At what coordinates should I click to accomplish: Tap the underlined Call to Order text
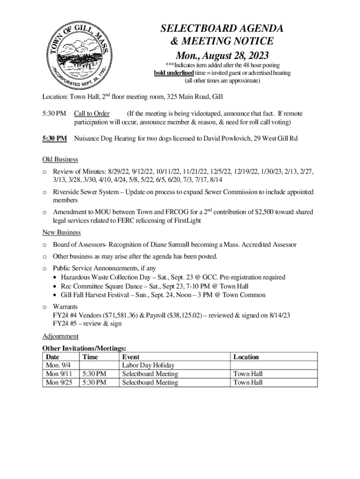[x=92, y=114]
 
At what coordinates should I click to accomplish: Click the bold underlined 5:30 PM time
[x=55, y=138]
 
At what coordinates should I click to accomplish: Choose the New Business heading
[x=62, y=232]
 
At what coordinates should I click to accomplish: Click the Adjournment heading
[x=60, y=336]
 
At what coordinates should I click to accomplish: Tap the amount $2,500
[x=267, y=212]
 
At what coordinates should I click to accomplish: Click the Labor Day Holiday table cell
[x=148, y=365]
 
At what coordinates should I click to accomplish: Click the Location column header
[x=246, y=357]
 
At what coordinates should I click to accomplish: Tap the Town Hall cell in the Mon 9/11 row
[x=248, y=374]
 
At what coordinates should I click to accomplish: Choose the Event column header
[x=130, y=357]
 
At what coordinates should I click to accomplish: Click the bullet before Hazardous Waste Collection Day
[x=56, y=278]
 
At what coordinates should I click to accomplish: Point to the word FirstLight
[x=186, y=220]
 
